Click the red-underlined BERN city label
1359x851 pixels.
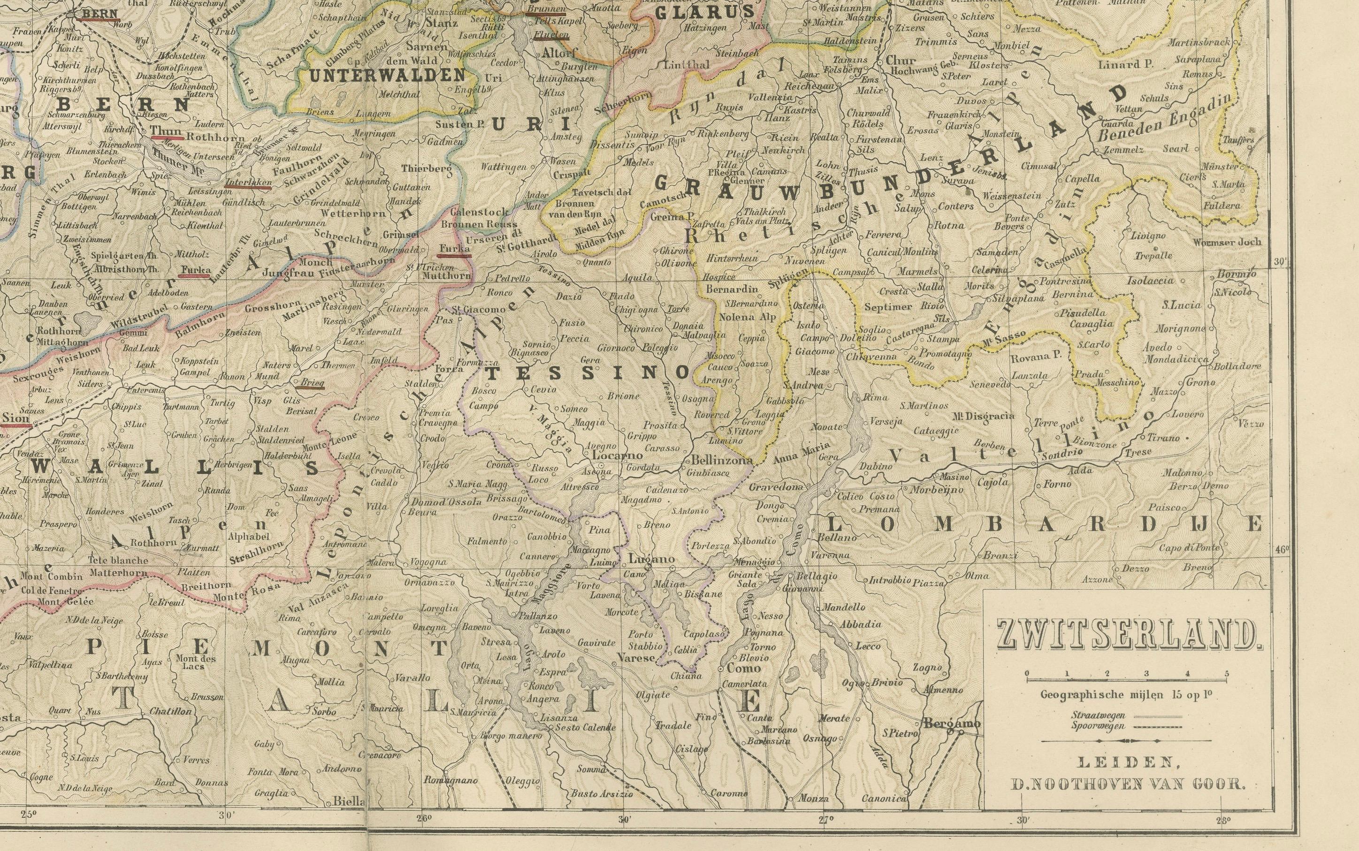pyautogui.click(x=99, y=14)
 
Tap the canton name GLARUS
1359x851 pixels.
pyautogui.click(x=705, y=12)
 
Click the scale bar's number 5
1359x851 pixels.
pyautogui.click(x=1227, y=674)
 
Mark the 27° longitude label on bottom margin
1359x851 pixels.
pyautogui.click(x=824, y=820)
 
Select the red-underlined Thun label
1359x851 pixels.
pyautogui.click(x=166, y=132)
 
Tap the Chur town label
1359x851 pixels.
pyautogui.click(x=896, y=60)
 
